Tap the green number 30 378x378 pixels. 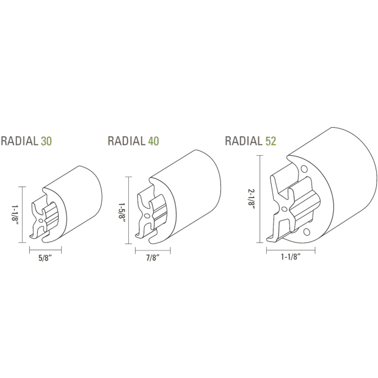click(46, 142)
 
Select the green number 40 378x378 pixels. click(153, 141)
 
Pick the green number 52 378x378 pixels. click(271, 141)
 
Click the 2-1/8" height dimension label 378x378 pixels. click(252, 199)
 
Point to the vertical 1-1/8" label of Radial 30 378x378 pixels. click(14, 215)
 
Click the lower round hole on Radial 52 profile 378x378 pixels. click(305, 233)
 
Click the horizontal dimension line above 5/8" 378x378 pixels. click(46, 249)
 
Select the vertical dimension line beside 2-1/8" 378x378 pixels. click(261, 199)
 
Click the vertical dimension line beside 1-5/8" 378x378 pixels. click(128, 211)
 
